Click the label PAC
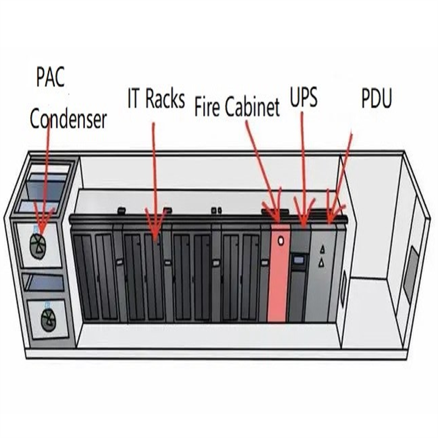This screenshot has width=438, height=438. (50, 78)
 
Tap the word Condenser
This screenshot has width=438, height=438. (68, 119)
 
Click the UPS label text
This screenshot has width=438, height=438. (304, 99)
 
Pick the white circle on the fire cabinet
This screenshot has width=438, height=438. (281, 240)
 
